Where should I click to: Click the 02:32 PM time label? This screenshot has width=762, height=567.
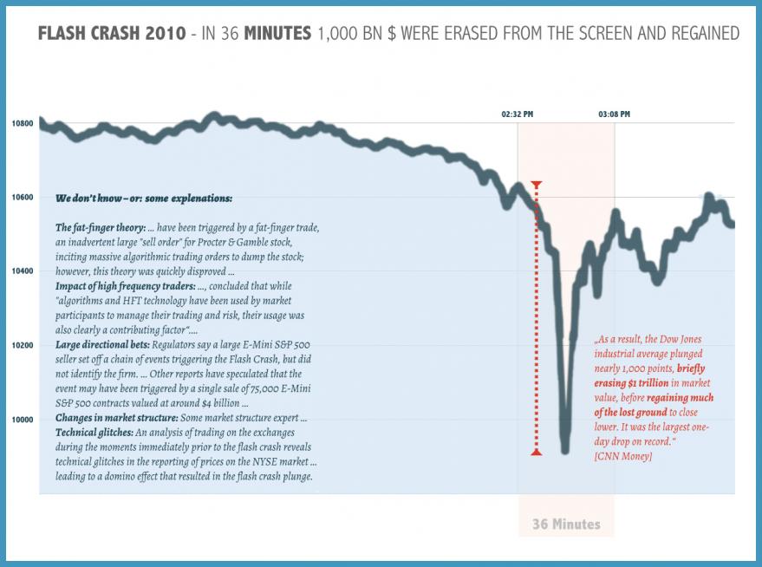click(518, 114)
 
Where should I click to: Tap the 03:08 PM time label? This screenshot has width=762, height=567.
click(614, 114)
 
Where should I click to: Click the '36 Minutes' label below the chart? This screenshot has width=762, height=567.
click(566, 525)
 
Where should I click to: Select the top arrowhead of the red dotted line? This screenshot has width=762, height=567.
click(537, 184)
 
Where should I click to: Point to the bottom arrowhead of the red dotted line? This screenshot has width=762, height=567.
click(537, 452)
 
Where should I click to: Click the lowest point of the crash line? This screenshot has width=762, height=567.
click(565, 449)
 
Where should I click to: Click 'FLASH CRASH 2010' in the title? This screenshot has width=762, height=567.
click(112, 34)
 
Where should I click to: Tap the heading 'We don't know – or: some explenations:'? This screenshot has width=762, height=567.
click(144, 199)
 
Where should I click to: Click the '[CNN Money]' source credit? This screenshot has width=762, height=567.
click(623, 456)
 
